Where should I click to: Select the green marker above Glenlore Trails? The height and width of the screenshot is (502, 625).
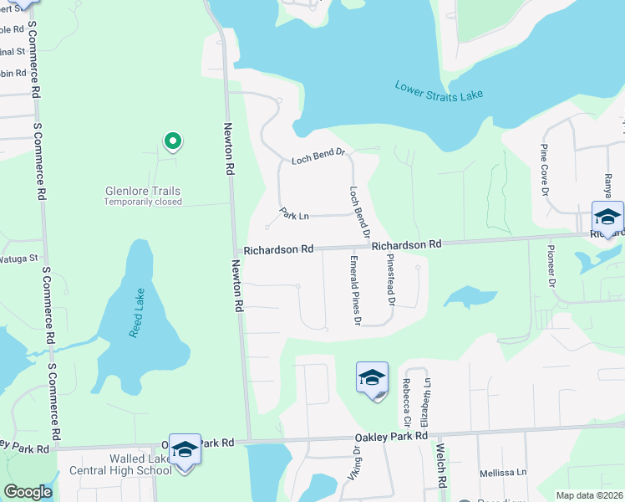[172, 141]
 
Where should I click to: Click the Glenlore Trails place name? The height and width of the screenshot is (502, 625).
[143, 191]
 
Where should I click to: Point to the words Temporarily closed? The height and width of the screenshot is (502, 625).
[143, 202]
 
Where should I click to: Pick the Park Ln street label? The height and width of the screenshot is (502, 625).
[294, 214]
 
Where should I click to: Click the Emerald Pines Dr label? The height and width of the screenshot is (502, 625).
[353, 291]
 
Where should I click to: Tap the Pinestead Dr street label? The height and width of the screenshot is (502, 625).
[389, 279]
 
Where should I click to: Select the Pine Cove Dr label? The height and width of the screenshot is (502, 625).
[544, 171]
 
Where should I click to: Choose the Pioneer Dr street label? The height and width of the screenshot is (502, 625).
[551, 266]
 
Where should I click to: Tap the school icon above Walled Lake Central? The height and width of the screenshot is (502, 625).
[185, 450]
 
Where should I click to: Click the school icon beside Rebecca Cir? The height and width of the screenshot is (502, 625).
[372, 378]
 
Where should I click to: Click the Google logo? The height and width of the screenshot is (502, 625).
[28, 493]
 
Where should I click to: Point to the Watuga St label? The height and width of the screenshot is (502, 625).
[21, 258]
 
